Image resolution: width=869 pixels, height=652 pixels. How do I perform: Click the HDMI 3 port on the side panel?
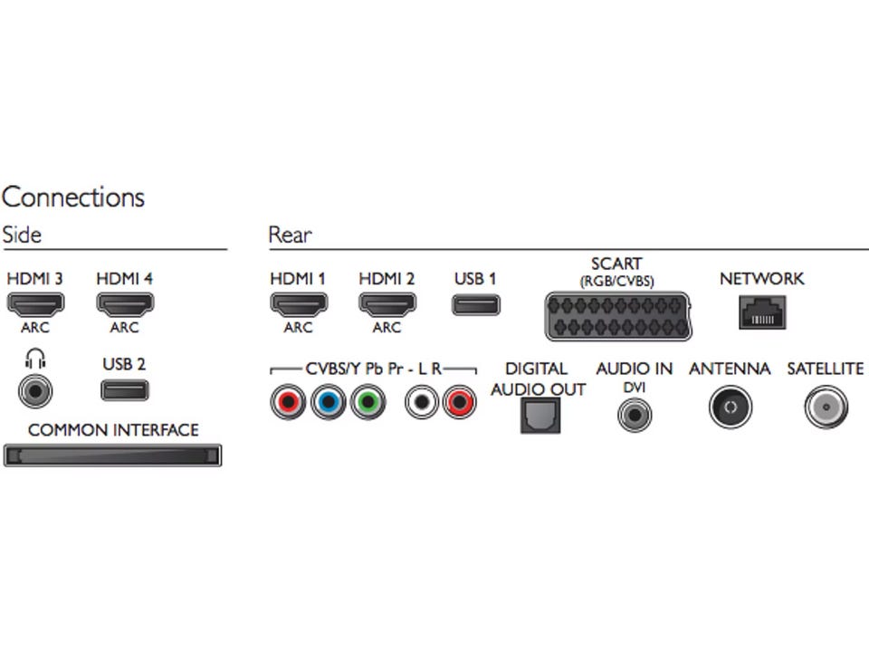click(35, 304)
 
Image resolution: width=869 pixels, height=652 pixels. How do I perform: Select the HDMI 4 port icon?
click(124, 304)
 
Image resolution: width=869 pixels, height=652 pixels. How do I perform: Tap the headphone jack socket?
click(35, 392)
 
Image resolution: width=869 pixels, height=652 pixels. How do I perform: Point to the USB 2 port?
click(124, 391)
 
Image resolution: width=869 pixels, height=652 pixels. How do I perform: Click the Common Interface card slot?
click(113, 455)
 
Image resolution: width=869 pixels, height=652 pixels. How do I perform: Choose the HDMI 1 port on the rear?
click(298, 304)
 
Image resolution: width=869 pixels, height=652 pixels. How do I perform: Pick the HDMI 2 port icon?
click(387, 304)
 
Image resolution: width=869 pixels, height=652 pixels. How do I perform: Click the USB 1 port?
click(475, 304)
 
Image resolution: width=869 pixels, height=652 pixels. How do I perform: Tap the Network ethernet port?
click(761, 312)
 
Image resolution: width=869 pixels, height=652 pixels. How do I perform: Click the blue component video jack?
click(328, 401)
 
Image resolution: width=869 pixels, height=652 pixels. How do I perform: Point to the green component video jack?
click(367, 401)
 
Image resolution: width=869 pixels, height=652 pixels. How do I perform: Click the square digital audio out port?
click(540, 416)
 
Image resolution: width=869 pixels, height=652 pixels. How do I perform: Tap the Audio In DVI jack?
click(635, 415)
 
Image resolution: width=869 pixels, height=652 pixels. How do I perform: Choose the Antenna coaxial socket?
click(730, 408)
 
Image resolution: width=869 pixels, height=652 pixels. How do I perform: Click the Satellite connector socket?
click(825, 408)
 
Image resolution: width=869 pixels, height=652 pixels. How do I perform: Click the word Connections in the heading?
click(73, 197)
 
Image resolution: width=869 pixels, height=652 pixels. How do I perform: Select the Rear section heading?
click(290, 235)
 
